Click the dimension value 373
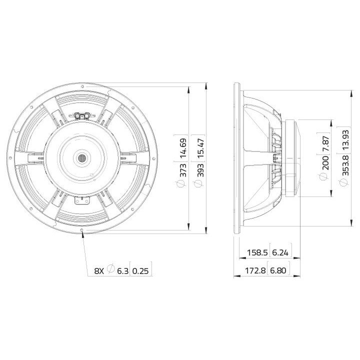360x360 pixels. pyautogui.click(x=183, y=170)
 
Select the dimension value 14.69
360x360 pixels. pyautogui.click(x=183, y=148)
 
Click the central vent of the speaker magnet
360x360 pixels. pyautogui.click(x=81, y=158)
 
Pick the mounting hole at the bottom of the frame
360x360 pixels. pyautogui.click(x=81, y=230)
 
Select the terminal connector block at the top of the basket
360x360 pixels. pyautogui.click(x=82, y=115)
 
